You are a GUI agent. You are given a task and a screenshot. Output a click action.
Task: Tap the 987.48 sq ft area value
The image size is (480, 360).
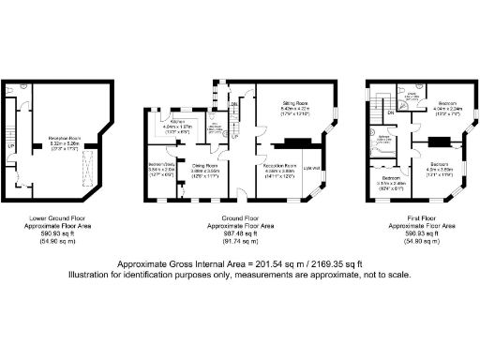[x=240, y=234]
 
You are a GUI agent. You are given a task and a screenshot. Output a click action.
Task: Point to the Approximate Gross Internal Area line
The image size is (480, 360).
[x=240, y=265]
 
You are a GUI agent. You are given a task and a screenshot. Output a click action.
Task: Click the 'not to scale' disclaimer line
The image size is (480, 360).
[x=240, y=276]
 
